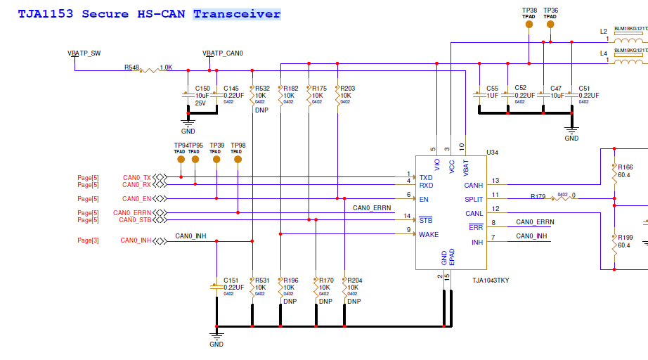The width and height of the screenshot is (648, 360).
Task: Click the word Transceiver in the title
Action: (x=237, y=14)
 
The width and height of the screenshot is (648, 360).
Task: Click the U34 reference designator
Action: (x=493, y=152)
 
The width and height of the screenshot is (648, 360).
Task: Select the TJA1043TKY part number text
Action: (x=491, y=281)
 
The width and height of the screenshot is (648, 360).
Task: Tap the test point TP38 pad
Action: (x=529, y=24)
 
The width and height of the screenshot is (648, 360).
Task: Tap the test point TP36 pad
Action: (x=550, y=24)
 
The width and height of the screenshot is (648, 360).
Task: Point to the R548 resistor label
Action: (x=131, y=67)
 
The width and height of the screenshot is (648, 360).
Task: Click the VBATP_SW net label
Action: (x=84, y=53)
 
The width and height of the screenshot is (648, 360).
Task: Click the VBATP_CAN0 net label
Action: (x=222, y=53)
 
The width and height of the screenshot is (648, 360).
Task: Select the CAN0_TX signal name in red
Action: (x=136, y=177)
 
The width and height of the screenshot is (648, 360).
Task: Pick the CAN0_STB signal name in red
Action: (x=135, y=220)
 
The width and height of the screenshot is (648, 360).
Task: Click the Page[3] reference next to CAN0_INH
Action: (x=88, y=241)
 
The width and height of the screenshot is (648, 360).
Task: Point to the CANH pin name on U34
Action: (x=474, y=186)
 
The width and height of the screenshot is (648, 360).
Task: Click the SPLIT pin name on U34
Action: (x=474, y=200)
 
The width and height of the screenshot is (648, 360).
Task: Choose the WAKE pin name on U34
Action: (x=429, y=235)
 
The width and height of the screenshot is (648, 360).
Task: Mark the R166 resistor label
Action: (x=626, y=167)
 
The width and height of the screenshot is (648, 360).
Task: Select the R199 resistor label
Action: (x=626, y=238)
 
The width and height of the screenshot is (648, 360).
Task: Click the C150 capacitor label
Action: (x=202, y=89)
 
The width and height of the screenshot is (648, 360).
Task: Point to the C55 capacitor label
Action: (x=492, y=89)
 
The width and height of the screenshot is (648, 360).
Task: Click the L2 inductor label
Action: (x=603, y=32)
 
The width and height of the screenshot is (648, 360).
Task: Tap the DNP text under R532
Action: (x=261, y=110)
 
